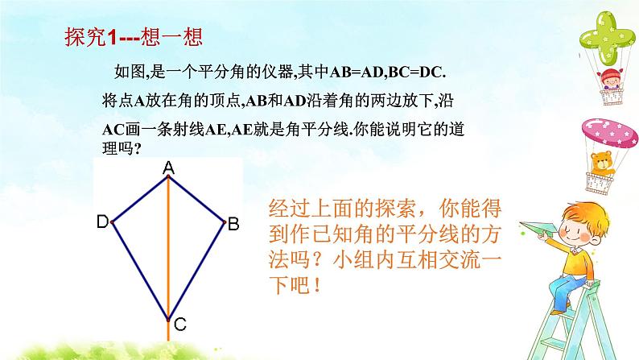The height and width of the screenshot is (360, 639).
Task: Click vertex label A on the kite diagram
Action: (x=169, y=168)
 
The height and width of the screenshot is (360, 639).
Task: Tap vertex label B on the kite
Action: (x=233, y=225)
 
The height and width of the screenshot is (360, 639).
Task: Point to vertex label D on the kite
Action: (x=102, y=221)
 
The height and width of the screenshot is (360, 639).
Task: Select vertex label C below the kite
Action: (x=179, y=325)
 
